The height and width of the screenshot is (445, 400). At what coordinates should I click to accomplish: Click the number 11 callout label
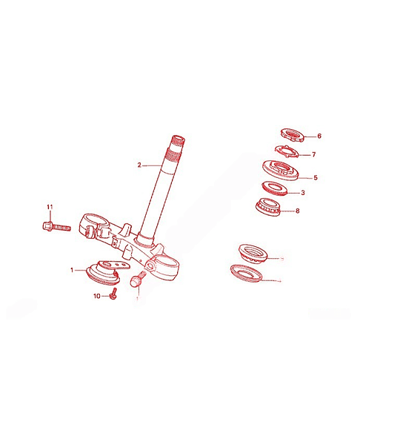50,207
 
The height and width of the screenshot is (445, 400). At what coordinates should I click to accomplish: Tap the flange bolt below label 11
56,226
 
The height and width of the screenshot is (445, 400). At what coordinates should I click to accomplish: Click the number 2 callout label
139,165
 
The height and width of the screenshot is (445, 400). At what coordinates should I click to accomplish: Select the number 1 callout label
72,270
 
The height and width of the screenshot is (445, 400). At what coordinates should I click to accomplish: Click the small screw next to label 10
114,294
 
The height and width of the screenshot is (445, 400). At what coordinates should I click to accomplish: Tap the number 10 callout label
97,296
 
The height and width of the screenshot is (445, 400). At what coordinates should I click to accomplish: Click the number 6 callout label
319,136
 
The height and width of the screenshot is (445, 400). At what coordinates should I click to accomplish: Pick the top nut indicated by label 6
293,136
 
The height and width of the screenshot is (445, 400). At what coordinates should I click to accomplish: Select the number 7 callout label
314,155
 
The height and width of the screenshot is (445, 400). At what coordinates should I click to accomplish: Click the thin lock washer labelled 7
287,151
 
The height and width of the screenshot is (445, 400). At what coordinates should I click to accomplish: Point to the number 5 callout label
316,178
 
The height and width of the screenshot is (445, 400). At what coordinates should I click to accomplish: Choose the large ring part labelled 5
281,171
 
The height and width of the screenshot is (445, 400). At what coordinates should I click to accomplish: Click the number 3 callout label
303,193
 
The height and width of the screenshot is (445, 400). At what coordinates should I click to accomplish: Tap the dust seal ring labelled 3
274,188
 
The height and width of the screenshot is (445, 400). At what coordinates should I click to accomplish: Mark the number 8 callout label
297,211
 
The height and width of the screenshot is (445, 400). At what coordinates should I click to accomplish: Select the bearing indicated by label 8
268,205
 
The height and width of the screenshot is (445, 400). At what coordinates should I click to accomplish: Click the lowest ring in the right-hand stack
246,273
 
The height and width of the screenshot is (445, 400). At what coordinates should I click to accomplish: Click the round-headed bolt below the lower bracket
137,279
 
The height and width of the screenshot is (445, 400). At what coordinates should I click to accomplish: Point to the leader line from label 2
152,165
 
